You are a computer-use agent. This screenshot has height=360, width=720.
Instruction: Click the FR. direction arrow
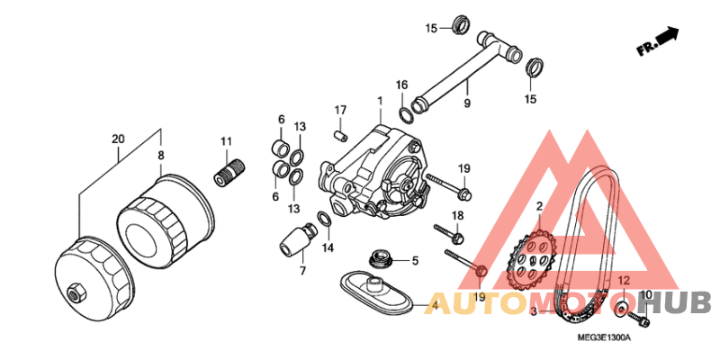click(667, 35)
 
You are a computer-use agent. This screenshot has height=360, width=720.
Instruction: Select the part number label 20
click(118, 139)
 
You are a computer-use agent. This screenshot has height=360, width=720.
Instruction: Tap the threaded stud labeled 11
click(229, 172)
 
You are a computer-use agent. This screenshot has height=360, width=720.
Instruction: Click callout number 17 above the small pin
click(340, 110)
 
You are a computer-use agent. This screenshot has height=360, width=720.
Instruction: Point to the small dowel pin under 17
click(340, 137)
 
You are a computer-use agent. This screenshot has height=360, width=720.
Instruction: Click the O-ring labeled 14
click(323, 219)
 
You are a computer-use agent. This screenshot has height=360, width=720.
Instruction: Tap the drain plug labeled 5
click(381, 259)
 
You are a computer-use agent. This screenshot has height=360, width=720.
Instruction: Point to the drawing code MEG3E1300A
click(605, 337)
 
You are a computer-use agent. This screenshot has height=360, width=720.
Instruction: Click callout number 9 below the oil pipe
click(467, 103)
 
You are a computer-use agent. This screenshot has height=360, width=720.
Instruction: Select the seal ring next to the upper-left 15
click(459, 24)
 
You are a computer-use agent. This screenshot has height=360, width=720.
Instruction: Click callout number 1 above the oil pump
click(380, 100)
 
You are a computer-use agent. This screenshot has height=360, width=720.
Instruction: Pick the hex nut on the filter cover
click(75, 292)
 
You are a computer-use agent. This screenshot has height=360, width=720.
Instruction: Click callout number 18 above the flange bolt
click(457, 215)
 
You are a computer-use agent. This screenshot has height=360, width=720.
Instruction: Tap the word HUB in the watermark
click(679, 303)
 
